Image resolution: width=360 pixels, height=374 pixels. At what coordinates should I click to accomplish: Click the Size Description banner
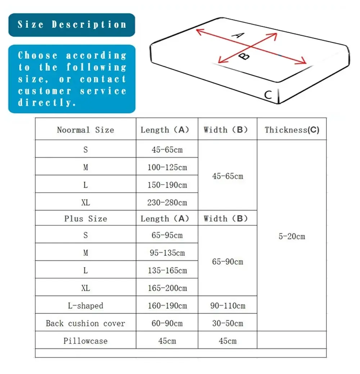72,25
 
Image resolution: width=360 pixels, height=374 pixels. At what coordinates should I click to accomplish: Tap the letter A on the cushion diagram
238,35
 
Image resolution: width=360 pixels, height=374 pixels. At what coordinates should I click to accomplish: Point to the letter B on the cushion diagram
244,57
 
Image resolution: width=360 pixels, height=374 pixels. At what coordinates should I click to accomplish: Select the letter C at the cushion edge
268,95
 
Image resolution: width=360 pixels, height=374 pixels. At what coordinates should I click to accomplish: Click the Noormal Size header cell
85,130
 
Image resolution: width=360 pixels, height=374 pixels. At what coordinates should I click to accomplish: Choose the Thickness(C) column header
292,130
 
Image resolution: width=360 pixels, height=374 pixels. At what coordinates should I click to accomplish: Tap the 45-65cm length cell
167,150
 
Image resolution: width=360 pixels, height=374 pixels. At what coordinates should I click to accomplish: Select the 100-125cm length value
167,167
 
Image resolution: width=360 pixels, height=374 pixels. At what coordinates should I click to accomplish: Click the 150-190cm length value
167,185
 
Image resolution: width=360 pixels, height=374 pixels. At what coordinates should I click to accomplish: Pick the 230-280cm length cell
167,202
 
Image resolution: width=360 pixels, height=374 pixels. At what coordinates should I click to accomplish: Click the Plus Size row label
85,219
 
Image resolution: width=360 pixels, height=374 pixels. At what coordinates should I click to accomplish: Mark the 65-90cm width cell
228,262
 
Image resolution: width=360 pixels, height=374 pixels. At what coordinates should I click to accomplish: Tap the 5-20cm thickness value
292,236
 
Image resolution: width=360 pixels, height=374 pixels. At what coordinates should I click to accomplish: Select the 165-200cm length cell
167,288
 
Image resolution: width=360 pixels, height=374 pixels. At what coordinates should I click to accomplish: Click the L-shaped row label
85,306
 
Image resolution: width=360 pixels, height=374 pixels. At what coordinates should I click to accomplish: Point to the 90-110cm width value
228,306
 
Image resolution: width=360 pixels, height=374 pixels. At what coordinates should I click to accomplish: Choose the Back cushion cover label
85,323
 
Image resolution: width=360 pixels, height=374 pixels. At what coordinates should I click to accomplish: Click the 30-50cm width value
228,323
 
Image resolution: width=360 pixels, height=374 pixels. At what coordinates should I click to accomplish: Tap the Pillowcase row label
85,341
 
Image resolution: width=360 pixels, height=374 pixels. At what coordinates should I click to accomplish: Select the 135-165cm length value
167,270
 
